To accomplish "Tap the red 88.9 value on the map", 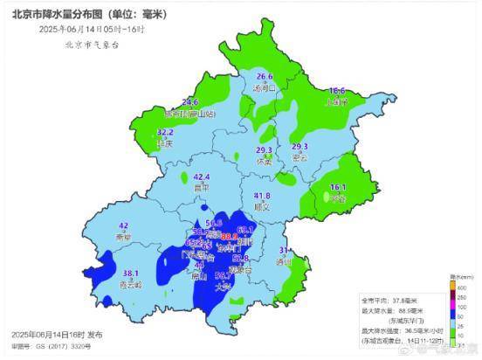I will (x=229, y=236).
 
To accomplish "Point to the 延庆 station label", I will (x=165, y=143).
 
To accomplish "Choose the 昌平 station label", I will (x=203, y=187).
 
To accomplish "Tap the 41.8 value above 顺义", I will (x=261, y=196).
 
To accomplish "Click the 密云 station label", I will (x=300, y=158).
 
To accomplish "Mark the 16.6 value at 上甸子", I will (x=337, y=91).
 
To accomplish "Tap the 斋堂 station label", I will (x=123, y=237).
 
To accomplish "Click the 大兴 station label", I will (x=224, y=285).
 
